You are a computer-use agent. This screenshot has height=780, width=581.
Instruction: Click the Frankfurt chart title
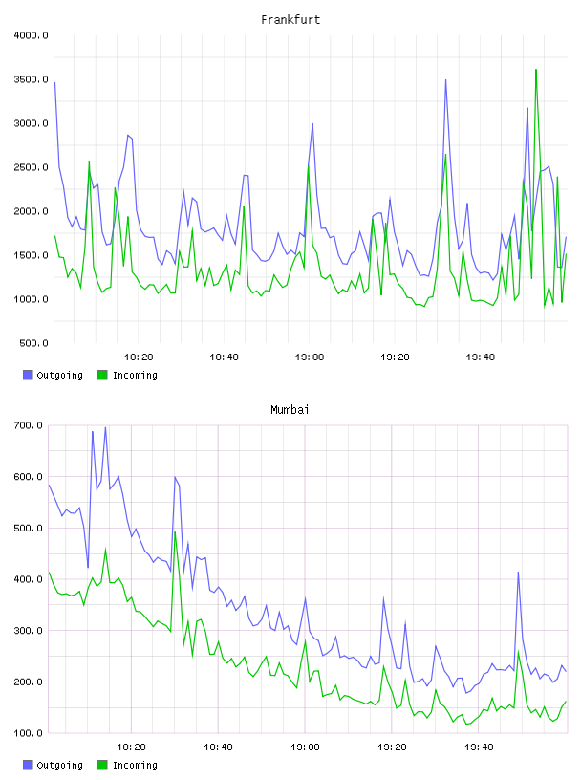click(x=290, y=20)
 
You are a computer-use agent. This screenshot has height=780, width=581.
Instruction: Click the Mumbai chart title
click(x=290, y=410)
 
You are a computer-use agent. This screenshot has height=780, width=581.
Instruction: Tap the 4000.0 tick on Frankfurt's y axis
click(x=31, y=35)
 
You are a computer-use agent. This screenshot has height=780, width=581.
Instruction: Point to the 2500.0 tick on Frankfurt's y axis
click(x=31, y=167)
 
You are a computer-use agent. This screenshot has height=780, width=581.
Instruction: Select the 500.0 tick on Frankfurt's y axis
click(x=33, y=343)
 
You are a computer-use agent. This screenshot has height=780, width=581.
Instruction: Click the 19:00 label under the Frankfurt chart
click(x=310, y=357)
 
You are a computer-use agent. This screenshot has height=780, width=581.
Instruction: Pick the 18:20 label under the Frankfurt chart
click(x=139, y=357)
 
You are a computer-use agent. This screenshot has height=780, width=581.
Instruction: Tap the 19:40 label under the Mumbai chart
click(x=479, y=747)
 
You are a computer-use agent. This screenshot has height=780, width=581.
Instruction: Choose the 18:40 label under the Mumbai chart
click(x=219, y=747)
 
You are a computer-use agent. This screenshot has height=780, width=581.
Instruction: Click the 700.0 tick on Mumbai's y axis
click(x=29, y=425)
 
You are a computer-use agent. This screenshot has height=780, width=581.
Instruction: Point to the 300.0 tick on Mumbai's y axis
click(x=29, y=631)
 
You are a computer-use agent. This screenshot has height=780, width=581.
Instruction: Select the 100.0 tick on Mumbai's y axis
click(x=29, y=733)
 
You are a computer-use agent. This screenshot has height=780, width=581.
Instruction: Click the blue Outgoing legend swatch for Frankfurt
click(x=28, y=375)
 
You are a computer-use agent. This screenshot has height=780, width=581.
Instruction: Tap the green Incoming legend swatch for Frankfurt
click(x=102, y=375)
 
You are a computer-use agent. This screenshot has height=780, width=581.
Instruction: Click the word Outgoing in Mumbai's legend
click(x=59, y=766)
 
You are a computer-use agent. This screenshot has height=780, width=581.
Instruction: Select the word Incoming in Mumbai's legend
click(x=135, y=766)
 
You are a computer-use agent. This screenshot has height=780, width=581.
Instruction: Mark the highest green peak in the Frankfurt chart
click(x=536, y=70)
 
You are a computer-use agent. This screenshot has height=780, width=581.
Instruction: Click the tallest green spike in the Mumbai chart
click(x=175, y=531)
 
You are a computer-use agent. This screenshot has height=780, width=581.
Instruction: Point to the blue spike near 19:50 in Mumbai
click(x=518, y=572)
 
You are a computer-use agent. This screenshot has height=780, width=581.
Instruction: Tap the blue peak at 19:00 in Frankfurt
click(x=312, y=123)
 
